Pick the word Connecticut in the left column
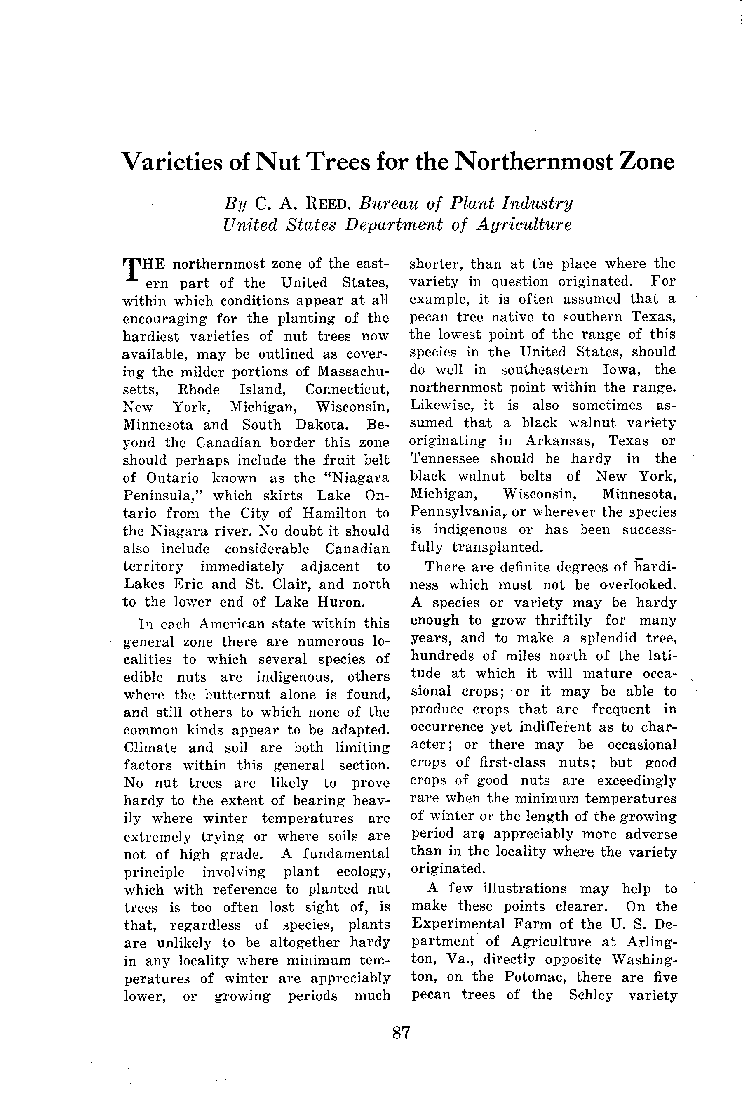pyautogui.click(x=347, y=389)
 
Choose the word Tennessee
pyautogui.click(x=444, y=458)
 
